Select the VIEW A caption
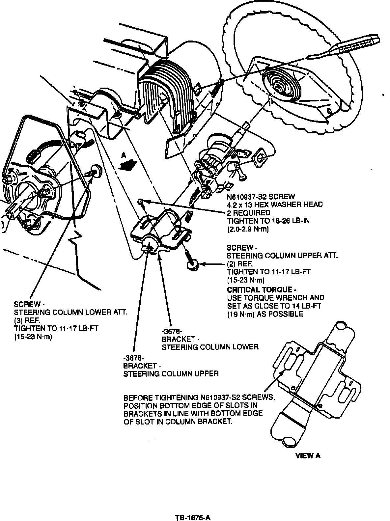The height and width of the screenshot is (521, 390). pos(308,456)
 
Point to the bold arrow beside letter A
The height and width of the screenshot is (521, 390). pos(128,164)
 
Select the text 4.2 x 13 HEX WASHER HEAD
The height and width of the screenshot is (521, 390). pos(275,205)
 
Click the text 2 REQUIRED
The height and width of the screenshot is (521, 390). pos(248,213)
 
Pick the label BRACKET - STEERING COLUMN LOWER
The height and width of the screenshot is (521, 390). pos(210,343)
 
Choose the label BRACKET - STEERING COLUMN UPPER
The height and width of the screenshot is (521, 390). pos(171,370)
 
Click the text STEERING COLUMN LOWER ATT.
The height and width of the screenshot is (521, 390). pos(70,312)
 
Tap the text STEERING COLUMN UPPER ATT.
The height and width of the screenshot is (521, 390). pos(282,256)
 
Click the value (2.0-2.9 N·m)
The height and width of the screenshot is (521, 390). pos(248,229)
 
